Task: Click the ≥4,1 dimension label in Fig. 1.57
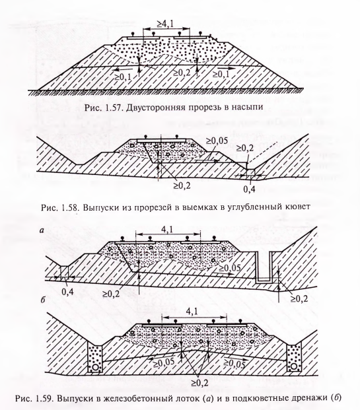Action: (165, 24)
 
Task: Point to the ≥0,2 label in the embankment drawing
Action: (182, 73)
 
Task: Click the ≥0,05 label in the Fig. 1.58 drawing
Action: (217, 141)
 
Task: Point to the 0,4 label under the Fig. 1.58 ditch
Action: (249, 189)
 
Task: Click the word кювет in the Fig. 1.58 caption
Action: (297, 207)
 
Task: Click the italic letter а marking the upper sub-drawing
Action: (42, 230)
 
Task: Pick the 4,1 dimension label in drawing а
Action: (166, 229)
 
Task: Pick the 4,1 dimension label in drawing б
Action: (192, 312)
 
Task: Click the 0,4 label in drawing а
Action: (68, 292)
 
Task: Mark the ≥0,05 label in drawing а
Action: (230, 268)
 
